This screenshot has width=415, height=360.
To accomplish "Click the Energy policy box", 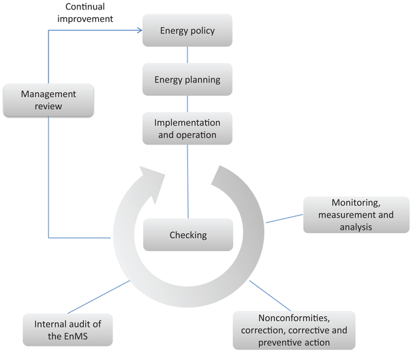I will click(187, 31).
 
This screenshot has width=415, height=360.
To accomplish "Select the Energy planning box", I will click(187, 80).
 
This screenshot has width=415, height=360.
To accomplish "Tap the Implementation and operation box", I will click(187, 128).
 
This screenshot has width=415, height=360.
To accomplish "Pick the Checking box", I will click(187, 235).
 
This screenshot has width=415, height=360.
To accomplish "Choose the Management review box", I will click(48, 100).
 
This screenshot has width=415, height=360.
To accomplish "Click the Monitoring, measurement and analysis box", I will click(356, 215).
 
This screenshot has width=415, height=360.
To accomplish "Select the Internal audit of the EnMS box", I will click(67, 329).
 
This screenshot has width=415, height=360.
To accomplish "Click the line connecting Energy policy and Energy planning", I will click(187, 55).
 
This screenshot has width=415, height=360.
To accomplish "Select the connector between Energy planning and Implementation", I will click(187, 104).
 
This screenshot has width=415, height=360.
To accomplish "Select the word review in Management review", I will click(48, 107).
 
